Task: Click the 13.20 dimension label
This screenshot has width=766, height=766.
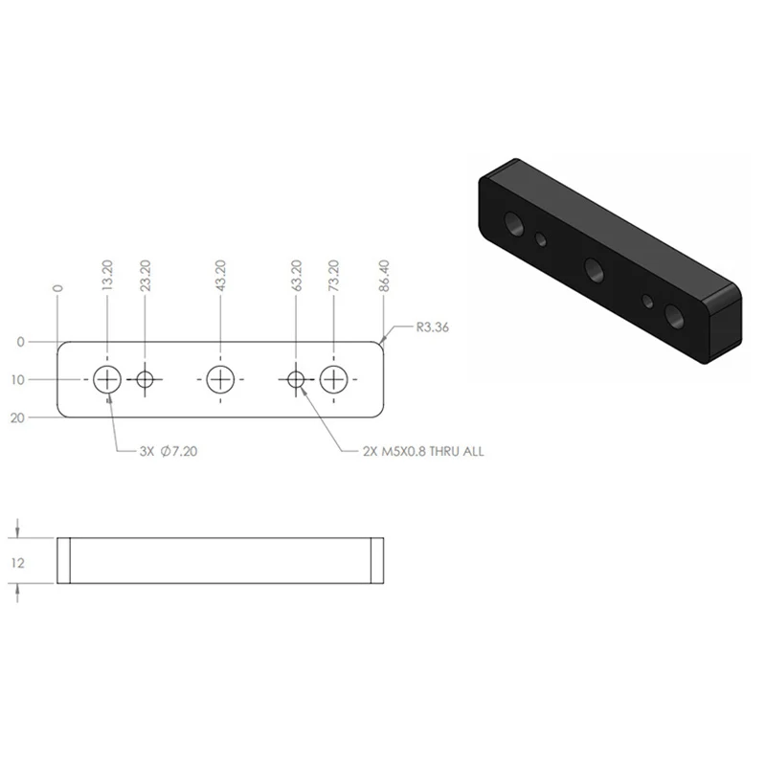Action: click(108, 276)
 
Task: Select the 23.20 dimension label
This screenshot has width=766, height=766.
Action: click(146, 276)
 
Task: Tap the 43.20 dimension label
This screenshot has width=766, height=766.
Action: click(221, 276)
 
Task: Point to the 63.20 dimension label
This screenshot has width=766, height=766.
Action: click(297, 276)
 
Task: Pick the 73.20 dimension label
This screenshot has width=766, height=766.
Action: click(333, 276)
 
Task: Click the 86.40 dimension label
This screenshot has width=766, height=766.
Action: click(385, 276)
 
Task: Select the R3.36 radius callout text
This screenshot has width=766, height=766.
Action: click(433, 327)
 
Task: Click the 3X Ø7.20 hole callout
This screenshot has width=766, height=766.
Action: click(169, 451)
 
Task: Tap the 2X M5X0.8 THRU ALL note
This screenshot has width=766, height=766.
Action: click(423, 451)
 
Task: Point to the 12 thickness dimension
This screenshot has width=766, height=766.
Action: click(17, 563)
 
